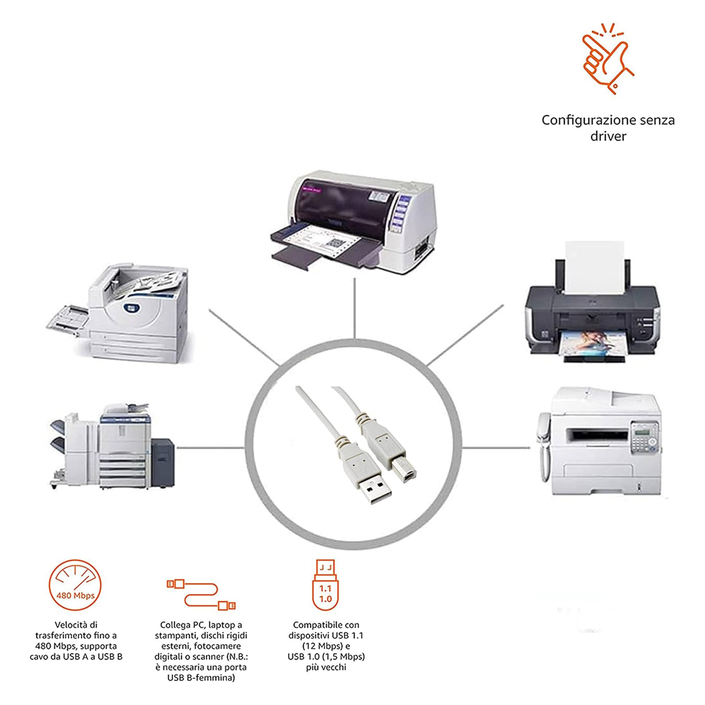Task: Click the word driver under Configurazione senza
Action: coord(608,136)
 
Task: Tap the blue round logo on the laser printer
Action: coord(131,307)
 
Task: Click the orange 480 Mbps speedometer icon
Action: coord(75,586)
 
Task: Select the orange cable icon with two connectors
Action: coord(201,594)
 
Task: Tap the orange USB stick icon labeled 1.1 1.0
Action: coord(325,585)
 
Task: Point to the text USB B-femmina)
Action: coord(201,678)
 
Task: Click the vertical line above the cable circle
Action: coord(355,308)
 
